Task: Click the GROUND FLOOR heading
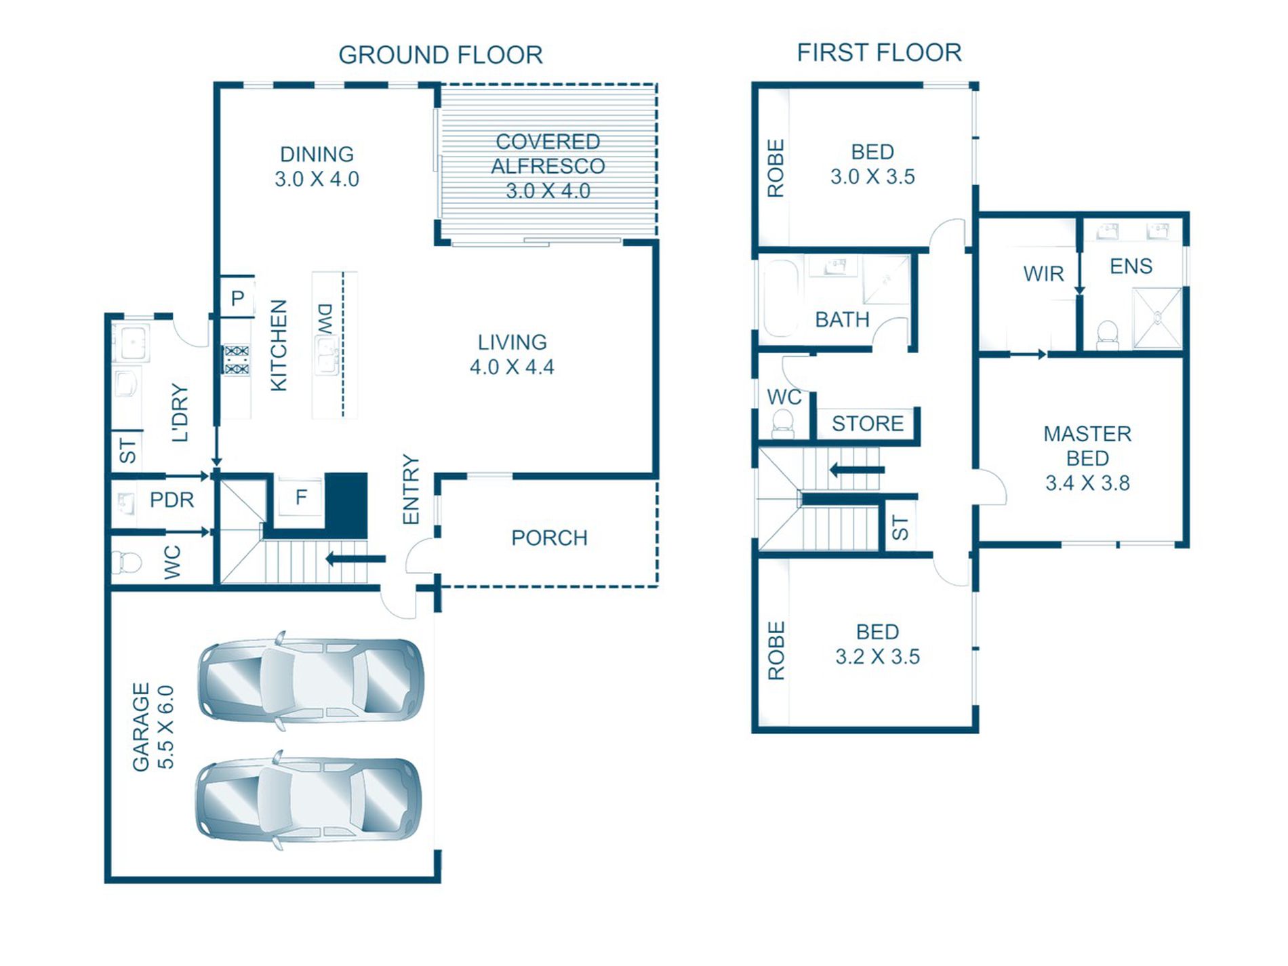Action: pos(441,55)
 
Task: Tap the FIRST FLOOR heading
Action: pos(879,52)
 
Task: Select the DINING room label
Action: pos(317,154)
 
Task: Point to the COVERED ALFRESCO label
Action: pos(548,154)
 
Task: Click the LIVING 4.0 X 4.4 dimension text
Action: pos(512,367)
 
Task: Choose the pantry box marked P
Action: pos(237,297)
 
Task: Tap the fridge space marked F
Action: pos(300,498)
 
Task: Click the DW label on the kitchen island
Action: pos(326,319)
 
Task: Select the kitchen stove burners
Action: pos(237,360)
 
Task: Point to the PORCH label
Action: pos(549,538)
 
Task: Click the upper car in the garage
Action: pos(310,680)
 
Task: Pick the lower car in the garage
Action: pos(308,799)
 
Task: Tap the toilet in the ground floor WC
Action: pos(126,562)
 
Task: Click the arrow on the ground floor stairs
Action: pos(355,559)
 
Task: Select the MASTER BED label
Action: pos(1087,445)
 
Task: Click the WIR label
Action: pos(1043,274)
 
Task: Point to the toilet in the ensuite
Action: pos(1107,335)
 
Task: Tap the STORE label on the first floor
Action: pos(868,424)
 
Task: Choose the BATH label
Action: pos(842,319)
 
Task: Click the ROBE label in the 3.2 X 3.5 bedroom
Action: pos(776,651)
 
